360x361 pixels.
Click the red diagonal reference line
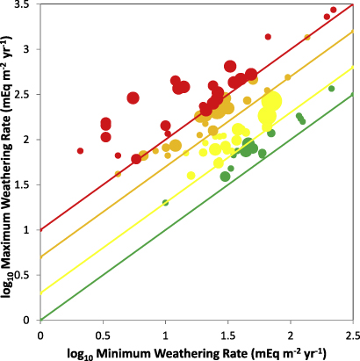(x=132, y=163)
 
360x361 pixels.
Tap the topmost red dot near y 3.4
(x=333, y=11)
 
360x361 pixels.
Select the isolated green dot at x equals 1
(x=165, y=203)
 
